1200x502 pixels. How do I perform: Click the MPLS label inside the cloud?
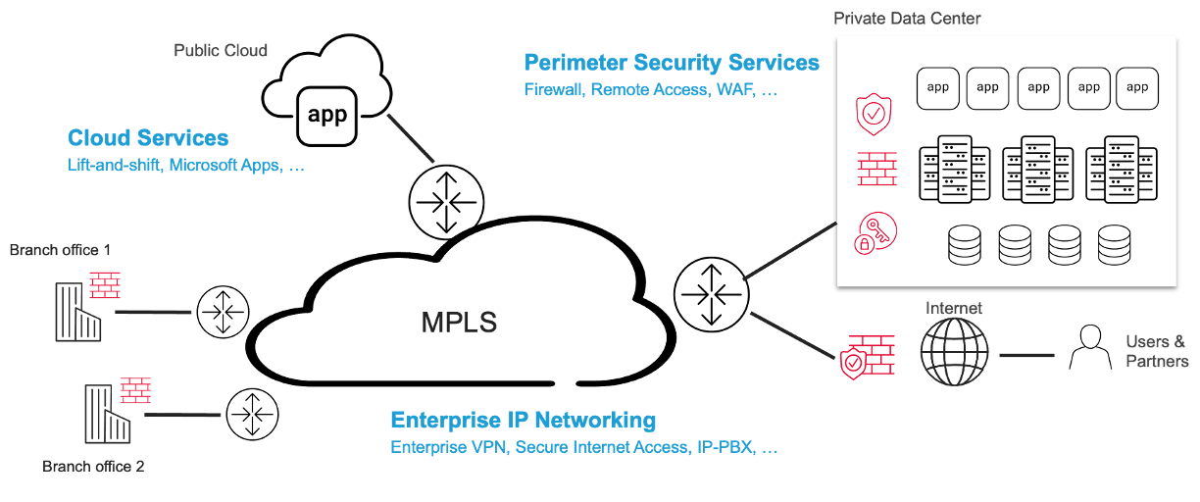[x=459, y=321]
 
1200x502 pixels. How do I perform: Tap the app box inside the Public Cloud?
[x=326, y=115]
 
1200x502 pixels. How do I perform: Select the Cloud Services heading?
[x=148, y=138]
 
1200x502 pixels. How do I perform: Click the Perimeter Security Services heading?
[x=671, y=63]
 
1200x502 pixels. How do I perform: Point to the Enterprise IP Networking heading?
[x=523, y=421]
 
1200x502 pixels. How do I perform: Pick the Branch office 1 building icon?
[x=79, y=311]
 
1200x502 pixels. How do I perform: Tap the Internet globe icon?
[x=954, y=351]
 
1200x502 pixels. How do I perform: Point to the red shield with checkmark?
[x=872, y=115]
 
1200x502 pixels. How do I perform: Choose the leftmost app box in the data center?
[x=936, y=88]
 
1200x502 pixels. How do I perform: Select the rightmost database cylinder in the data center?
[x=1114, y=244]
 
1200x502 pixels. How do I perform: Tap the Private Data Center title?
[x=907, y=18]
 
